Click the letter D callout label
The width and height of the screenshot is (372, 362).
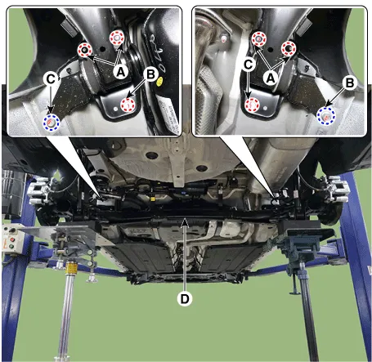click(185, 299)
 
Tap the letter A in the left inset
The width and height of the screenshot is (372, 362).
click(121, 72)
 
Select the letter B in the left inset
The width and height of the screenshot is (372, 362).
click(150, 74)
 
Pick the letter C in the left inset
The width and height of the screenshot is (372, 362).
click(51, 79)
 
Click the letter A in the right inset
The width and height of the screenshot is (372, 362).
click(271, 78)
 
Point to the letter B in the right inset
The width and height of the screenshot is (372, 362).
click(350, 83)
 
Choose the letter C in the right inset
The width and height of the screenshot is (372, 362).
click(249, 65)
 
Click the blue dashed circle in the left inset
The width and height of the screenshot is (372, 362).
click(52, 123)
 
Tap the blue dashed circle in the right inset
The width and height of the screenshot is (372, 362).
click(326, 116)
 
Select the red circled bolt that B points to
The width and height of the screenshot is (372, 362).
click(128, 105)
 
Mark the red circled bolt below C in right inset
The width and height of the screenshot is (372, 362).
click(252, 105)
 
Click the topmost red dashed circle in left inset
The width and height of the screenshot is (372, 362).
click(117, 38)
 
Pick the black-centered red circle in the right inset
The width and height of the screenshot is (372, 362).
click(289, 49)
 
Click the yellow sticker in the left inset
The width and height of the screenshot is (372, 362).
click(160, 81)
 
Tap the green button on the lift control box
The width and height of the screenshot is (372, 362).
click(11, 247)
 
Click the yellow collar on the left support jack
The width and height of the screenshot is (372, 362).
click(70, 266)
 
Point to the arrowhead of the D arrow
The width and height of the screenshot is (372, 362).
click(185, 221)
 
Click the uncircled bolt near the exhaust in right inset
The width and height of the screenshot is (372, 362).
click(224, 39)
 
